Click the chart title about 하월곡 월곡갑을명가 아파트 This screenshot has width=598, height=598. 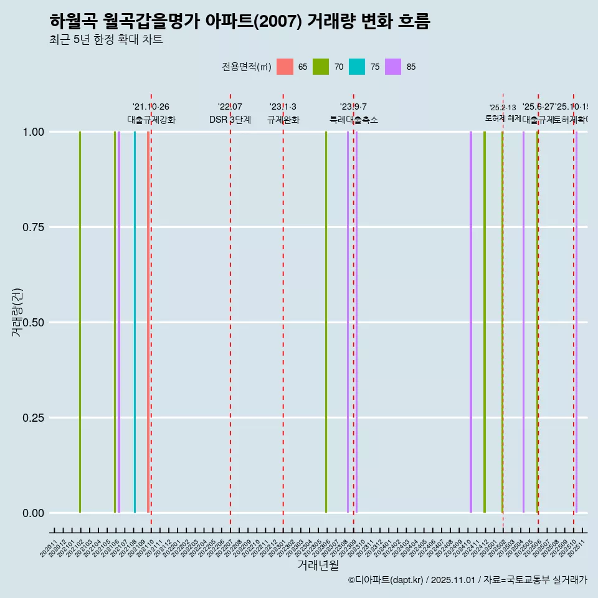coord(239,21)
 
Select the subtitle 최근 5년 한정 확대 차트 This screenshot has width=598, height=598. coord(106,40)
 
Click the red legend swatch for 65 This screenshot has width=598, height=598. coord(285,67)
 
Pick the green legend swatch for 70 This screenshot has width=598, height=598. coord(321,67)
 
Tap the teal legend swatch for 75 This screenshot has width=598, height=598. coord(357,67)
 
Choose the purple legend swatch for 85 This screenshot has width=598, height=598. coord(393,67)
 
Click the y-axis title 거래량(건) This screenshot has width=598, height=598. coord(17,312)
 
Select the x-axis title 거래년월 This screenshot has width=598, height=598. coord(318,565)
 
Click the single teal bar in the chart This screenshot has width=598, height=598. coord(135,322)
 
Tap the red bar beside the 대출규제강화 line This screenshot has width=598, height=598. coord(148,322)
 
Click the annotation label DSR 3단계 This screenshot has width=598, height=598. coord(230,120)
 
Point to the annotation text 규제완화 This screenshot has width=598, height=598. coord(283,120)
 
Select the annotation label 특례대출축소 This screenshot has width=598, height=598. coord(354,120)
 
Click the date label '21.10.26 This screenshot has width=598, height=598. coord(151,107)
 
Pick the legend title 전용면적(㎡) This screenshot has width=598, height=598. coord(247,67)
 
